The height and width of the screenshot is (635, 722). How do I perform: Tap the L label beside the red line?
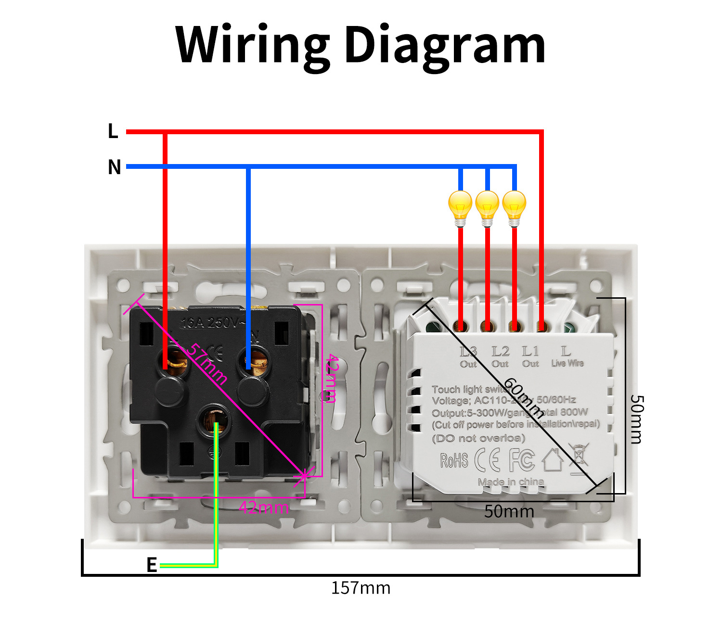[113, 131]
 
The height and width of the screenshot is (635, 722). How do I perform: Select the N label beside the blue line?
[114, 167]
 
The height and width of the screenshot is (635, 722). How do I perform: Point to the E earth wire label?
[152, 565]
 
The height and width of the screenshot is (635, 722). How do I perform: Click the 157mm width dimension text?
[361, 588]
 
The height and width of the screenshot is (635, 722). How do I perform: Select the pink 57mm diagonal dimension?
[206, 364]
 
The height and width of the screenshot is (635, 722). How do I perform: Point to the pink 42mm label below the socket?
[264, 507]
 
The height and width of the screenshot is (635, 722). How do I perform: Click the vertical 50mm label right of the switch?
[636, 419]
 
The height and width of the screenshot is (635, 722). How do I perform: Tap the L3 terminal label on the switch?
[468, 352]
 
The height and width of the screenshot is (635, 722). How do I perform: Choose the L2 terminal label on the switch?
[501, 352]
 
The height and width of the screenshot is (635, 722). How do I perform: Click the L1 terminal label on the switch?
[530, 352]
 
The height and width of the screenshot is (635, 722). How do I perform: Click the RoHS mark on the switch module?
[454, 460]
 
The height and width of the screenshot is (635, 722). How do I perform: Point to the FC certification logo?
[522, 460]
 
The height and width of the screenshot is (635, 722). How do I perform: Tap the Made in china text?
[511, 482]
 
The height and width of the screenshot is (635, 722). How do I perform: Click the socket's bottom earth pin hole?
[215, 420]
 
